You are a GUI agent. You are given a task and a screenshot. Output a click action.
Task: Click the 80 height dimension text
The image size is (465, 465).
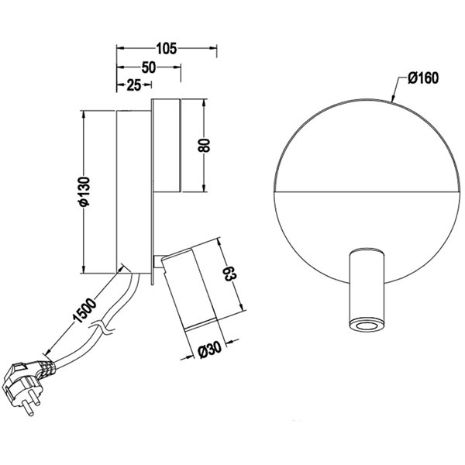205,146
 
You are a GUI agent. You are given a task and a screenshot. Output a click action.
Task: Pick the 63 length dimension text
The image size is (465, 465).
229,274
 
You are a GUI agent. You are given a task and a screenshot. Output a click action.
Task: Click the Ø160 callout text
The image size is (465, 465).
422,78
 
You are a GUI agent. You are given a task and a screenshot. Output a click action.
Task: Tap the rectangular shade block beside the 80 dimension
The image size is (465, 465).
167,145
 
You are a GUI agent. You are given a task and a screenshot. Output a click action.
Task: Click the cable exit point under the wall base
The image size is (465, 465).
124,272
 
